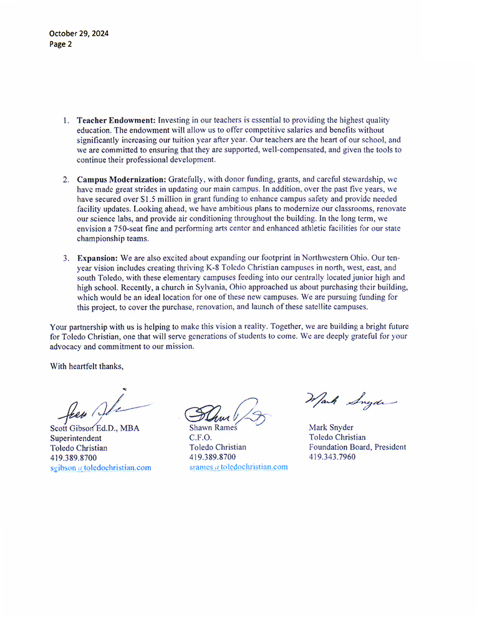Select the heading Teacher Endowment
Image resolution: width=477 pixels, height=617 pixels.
pos(116,120)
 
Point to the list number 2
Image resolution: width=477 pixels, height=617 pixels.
pos(65,179)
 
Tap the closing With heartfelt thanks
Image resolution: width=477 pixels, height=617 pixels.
pos(87,366)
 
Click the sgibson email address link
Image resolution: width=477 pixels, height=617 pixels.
pos(100,467)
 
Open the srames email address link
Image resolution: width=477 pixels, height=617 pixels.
pos(238,467)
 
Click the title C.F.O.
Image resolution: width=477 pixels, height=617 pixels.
pos(201,438)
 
